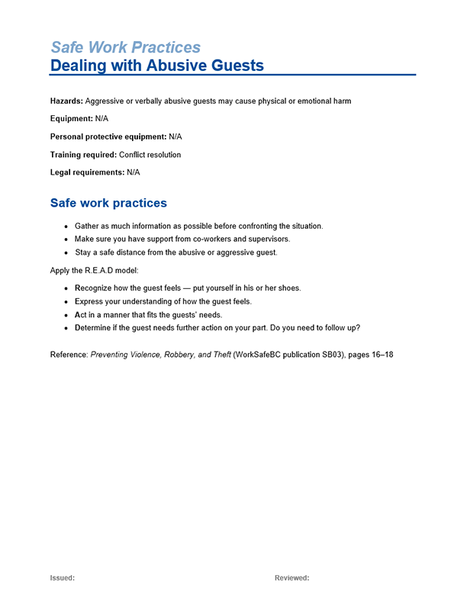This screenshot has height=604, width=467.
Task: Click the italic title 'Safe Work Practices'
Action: coord(125,47)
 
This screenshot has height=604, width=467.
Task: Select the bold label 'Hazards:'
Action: coord(66,101)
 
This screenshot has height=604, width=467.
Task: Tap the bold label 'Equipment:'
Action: coord(71,119)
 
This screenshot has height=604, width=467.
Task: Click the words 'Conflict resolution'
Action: coord(150,155)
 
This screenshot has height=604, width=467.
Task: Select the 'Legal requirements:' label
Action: coord(87,172)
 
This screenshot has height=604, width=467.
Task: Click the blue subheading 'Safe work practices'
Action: coord(108,203)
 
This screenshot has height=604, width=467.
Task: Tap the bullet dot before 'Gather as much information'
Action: coord(67,227)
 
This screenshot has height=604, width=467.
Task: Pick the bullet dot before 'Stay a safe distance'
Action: coord(67,252)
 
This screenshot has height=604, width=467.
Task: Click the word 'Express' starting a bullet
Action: coord(90,301)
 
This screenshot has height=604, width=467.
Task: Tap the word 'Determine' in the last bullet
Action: coord(95,327)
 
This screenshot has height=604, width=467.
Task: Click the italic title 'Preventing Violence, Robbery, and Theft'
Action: coord(161,355)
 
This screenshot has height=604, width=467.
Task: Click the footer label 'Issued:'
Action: coord(63,578)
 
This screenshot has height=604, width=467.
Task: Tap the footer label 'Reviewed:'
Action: coord(292,578)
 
